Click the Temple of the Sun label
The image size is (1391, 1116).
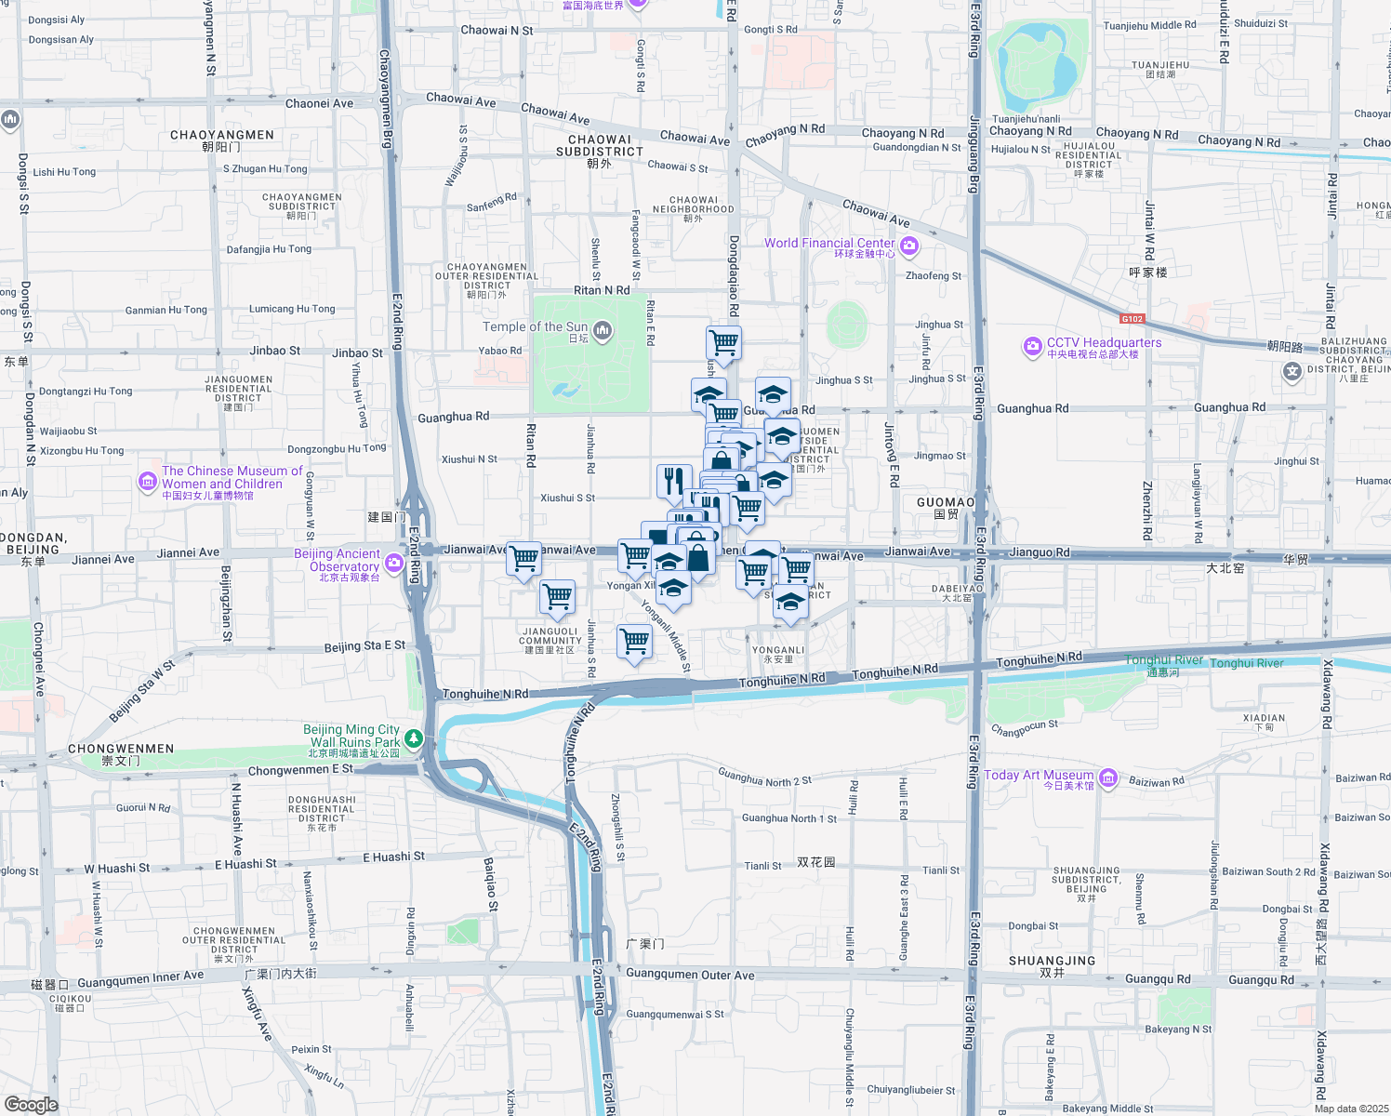(535, 326)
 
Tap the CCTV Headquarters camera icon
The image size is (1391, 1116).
(1032, 347)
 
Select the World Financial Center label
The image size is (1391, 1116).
(829, 244)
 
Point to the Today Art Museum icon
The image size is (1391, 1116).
(1107, 778)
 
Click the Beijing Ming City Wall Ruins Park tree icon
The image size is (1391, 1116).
(414, 739)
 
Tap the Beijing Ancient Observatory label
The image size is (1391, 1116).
(338, 560)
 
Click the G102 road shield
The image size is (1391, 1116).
(1132, 319)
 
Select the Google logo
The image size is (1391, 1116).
(31, 1104)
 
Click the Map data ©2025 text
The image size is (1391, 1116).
(1351, 1108)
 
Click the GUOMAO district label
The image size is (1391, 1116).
(946, 502)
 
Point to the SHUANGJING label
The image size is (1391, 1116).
(1052, 961)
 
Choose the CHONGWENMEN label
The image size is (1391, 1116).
(121, 749)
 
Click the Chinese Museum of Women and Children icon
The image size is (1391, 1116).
(147, 481)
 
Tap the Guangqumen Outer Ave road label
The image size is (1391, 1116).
(690, 975)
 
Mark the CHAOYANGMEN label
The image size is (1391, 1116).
(222, 135)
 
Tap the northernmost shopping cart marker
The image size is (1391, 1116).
(723, 343)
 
